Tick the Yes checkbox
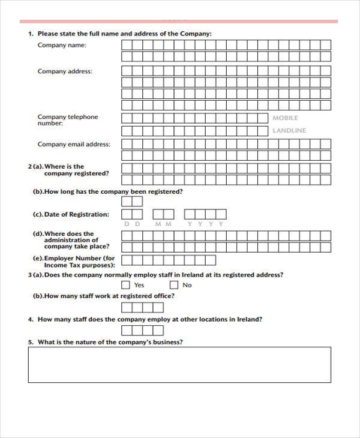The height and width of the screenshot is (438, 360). point(126,285)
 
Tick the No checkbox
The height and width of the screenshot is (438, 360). point(175,285)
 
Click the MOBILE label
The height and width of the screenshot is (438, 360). point(285,118)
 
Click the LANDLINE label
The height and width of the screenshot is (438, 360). point(289,130)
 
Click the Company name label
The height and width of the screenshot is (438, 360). point(62,45)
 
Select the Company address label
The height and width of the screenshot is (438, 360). point(65,71)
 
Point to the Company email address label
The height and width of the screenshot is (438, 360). point(74,144)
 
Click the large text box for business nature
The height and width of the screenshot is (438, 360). point(179,364)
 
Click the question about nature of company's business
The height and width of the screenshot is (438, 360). point(110,342)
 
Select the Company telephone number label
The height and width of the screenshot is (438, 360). point(67,120)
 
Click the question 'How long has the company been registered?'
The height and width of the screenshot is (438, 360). point(108,192)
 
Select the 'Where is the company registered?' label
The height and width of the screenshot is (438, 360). point(71,170)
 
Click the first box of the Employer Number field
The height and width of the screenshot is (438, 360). point(127,260)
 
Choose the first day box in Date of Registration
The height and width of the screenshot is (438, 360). point(127,214)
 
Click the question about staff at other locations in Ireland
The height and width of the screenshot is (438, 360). point(149,319)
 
